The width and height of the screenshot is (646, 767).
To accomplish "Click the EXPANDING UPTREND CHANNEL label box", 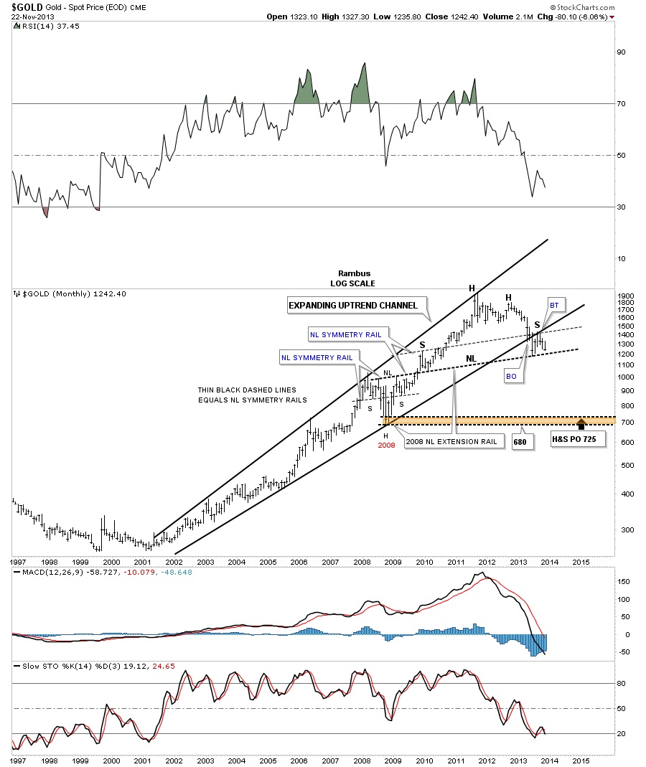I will (352, 306).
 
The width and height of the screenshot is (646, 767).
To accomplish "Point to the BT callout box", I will (553, 306).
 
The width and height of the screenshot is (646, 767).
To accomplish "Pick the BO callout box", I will (511, 375).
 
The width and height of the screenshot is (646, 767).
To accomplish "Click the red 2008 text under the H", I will (388, 445).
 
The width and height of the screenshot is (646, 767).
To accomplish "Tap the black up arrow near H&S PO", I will (581, 423).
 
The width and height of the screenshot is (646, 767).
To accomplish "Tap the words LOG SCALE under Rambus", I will (352, 283).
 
